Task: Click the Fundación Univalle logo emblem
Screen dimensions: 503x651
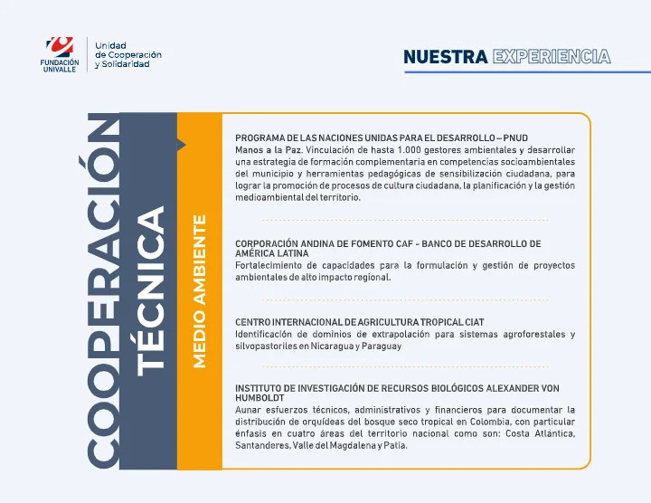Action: (x=61, y=45)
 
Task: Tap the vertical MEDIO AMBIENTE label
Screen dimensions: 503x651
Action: (x=200, y=290)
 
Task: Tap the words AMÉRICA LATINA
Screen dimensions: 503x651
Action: (x=272, y=254)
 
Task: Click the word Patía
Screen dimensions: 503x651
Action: (x=394, y=446)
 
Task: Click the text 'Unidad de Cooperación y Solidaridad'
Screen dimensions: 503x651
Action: (x=128, y=54)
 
